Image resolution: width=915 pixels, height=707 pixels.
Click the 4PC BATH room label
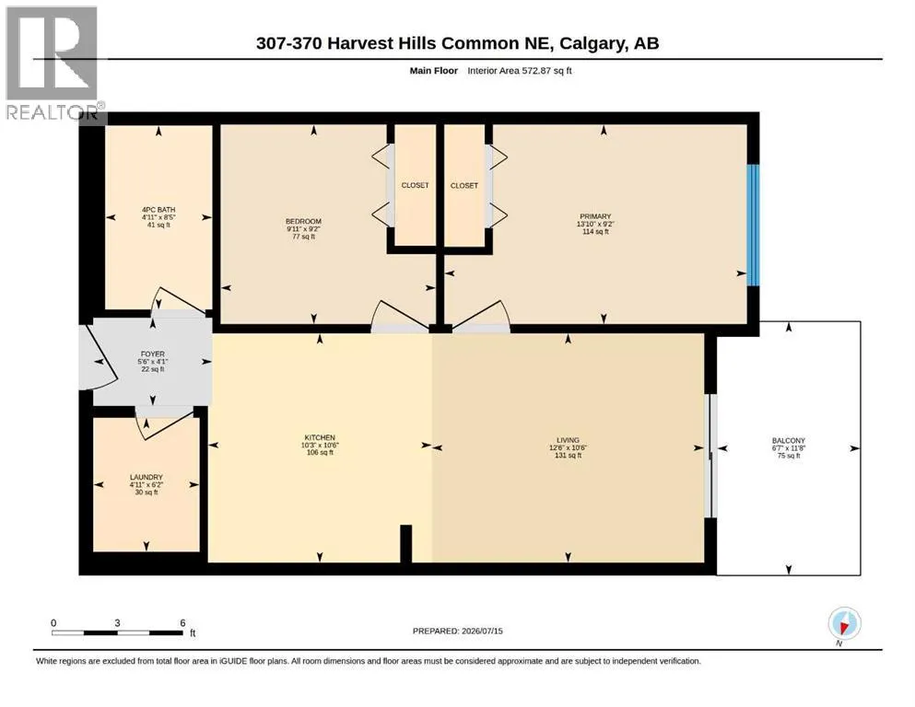click(x=158, y=210)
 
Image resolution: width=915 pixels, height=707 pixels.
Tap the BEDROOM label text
click(x=303, y=222)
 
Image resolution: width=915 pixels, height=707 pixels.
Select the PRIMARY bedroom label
click(x=595, y=216)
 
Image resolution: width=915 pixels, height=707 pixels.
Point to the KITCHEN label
click(x=320, y=437)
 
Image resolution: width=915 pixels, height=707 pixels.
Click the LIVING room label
click(x=568, y=440)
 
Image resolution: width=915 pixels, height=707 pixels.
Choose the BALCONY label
click(x=789, y=441)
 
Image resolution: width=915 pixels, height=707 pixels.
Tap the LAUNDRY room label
click(x=146, y=477)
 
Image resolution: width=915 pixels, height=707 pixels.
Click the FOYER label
click(x=152, y=353)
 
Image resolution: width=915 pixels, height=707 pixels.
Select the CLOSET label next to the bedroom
click(x=415, y=185)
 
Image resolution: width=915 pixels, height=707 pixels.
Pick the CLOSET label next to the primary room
click(x=463, y=185)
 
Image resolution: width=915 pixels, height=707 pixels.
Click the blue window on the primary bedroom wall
click(x=754, y=225)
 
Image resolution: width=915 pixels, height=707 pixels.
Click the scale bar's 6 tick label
click(x=182, y=623)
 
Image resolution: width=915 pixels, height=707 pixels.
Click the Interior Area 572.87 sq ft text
click(x=520, y=71)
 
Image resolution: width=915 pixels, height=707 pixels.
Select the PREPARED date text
click(x=457, y=631)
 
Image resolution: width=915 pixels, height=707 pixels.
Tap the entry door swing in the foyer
click(x=98, y=357)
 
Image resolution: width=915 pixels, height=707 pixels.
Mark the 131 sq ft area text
click(x=568, y=455)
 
